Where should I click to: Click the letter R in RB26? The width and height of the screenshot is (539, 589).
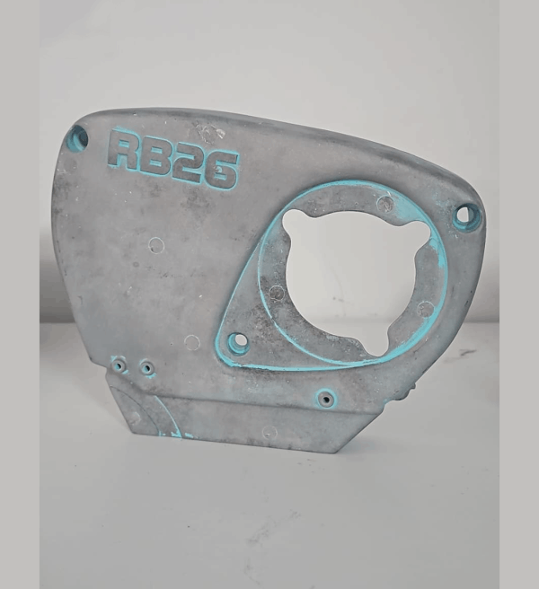(125, 150)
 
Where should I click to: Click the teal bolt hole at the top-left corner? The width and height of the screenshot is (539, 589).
(78, 137)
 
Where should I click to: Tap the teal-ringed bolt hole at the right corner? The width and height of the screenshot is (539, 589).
(466, 216)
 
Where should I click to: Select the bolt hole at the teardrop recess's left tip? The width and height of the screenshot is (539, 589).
(238, 342)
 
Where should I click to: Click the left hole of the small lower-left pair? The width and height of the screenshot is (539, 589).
(119, 365)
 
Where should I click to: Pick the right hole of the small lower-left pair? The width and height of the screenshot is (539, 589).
(147, 368)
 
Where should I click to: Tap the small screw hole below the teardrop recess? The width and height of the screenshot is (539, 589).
(325, 399)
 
